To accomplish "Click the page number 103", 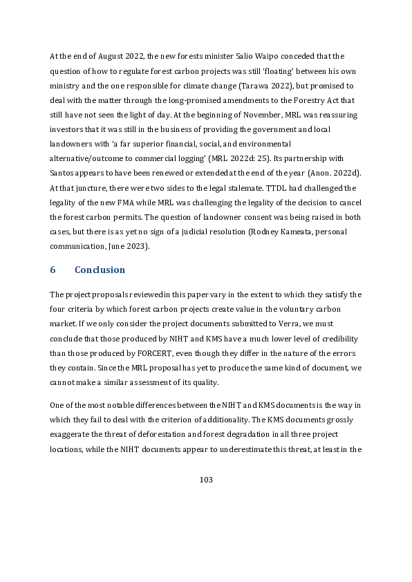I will (x=205, y=479).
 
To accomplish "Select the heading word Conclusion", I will (x=100, y=270).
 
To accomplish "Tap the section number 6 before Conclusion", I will (x=53, y=270).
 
